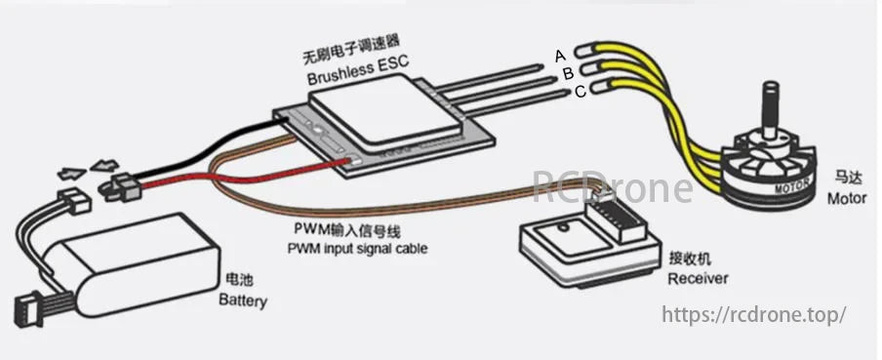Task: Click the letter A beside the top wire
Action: (x=560, y=56)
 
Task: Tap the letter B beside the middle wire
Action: (x=567, y=73)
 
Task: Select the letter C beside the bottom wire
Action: (x=580, y=92)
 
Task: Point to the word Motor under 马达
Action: (x=846, y=198)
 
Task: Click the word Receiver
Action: (x=697, y=278)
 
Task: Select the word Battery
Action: (x=243, y=300)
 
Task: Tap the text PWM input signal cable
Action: (x=357, y=248)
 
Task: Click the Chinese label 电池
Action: (x=237, y=281)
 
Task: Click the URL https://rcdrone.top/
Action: (x=752, y=314)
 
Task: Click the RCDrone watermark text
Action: (x=613, y=185)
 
